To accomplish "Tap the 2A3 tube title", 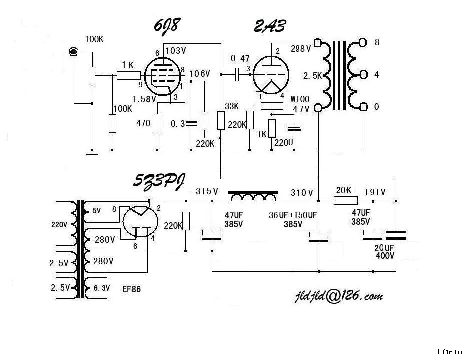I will click(270, 26).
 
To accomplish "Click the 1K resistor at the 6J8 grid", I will click(129, 76).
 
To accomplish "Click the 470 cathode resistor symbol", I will click(158, 122).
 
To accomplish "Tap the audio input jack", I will click(74, 51).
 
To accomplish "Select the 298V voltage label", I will click(301, 49).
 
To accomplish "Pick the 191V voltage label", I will click(375, 192).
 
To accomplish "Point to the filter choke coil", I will click(253, 197).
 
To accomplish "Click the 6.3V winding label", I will click(101, 288).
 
